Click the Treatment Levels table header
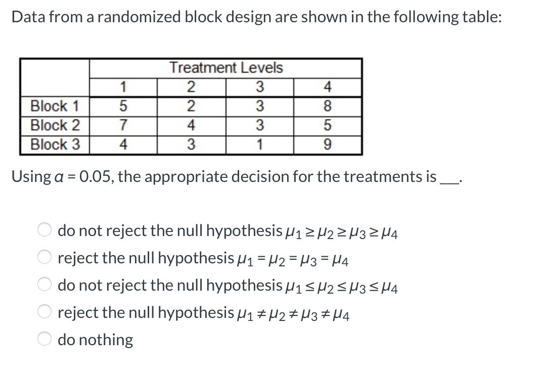[x=226, y=68]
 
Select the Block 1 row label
[x=55, y=106]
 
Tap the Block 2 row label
[x=55, y=125]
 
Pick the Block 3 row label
[x=55, y=145]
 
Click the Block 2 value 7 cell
[x=123, y=125]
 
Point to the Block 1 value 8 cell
[x=327, y=106]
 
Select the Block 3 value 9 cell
[x=327, y=145]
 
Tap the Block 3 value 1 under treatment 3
[x=259, y=145]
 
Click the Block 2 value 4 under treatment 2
[x=191, y=125]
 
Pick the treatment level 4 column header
[x=327, y=87]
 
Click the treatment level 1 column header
[x=123, y=87]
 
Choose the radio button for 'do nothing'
[x=44, y=339]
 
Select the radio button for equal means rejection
[x=44, y=258]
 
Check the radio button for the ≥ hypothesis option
[x=44, y=230]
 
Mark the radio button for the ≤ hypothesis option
[x=44, y=285]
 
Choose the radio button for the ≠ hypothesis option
[x=44, y=312]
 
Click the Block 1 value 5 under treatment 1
[x=123, y=106]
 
